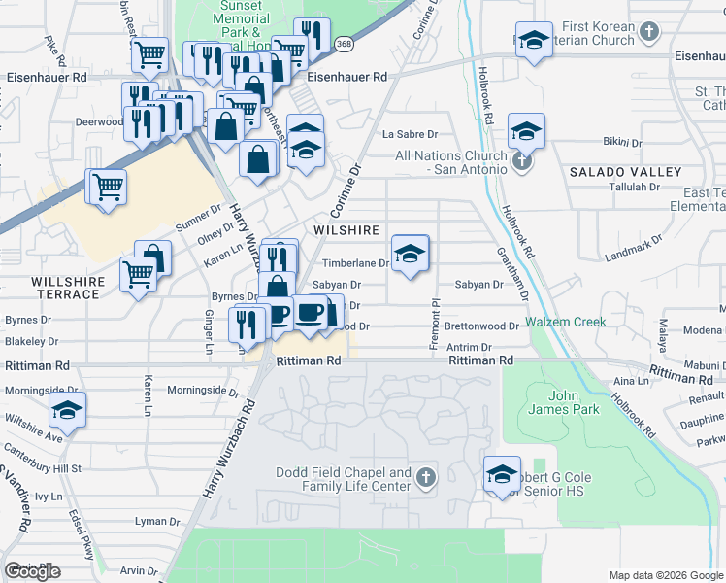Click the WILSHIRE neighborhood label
tap(346, 230)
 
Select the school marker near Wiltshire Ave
tap(67, 412)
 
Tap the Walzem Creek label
tap(566, 322)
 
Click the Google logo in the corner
tap(32, 571)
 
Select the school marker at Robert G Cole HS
tap(502, 475)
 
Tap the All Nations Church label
tap(450, 162)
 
